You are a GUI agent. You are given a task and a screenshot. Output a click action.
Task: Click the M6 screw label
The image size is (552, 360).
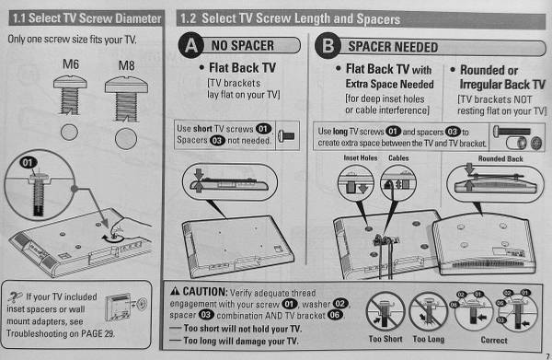(71, 64)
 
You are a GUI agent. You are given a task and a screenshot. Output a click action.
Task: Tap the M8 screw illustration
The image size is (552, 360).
(126, 99)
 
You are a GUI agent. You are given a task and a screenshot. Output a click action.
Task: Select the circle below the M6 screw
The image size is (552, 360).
(69, 133)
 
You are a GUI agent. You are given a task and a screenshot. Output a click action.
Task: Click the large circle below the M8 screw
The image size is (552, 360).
(126, 139)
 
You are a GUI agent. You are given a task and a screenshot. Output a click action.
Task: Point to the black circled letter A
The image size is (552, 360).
(191, 45)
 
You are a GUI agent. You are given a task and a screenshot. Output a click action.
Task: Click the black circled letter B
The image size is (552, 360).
(328, 46)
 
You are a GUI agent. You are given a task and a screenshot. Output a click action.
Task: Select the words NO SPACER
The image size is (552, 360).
(243, 46)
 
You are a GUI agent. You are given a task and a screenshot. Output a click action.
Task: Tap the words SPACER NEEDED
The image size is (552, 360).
(393, 47)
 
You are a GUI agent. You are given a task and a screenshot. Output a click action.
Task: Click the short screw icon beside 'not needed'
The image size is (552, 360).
(286, 135)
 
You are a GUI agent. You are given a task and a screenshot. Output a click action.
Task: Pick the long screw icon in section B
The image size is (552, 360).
(512, 132)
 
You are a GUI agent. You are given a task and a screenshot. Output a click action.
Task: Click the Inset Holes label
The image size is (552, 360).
(360, 158)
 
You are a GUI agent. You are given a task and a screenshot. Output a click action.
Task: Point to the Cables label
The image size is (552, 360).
(398, 158)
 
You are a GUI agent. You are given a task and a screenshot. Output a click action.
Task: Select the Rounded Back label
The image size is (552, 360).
(500, 159)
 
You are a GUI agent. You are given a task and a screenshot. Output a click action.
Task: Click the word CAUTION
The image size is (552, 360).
(205, 292)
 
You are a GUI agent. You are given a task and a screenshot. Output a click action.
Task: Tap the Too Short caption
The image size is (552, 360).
(385, 339)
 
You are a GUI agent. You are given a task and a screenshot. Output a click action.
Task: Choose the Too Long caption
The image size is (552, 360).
(429, 339)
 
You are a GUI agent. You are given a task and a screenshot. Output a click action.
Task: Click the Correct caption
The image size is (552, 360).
(494, 341)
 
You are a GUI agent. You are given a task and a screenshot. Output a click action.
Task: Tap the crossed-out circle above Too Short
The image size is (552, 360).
(385, 312)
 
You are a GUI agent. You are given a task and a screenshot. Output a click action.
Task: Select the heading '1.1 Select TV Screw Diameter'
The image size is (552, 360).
(87, 18)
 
